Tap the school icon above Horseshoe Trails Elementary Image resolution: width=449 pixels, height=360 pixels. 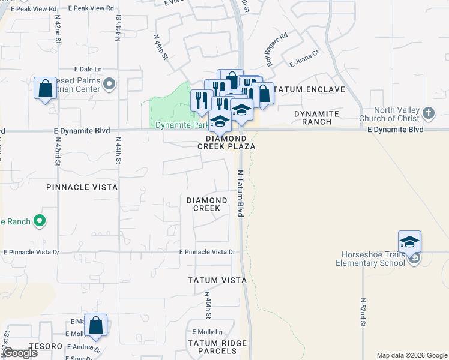click(x=409, y=242)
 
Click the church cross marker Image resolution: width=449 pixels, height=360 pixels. click(x=428, y=113)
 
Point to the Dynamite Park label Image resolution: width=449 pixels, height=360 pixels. click(x=181, y=125)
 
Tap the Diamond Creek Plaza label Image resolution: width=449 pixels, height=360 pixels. click(x=231, y=142)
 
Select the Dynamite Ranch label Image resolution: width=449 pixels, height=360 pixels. click(x=316, y=118)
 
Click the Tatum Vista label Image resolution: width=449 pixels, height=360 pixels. click(x=217, y=280)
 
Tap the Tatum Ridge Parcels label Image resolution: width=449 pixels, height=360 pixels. click(x=217, y=347)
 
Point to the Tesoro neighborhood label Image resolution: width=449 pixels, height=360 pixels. click(x=49, y=346)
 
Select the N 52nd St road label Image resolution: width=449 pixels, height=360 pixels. click(x=364, y=312)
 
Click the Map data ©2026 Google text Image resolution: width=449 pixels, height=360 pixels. click(x=411, y=355)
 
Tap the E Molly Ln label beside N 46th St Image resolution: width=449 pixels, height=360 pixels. click(x=207, y=332)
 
